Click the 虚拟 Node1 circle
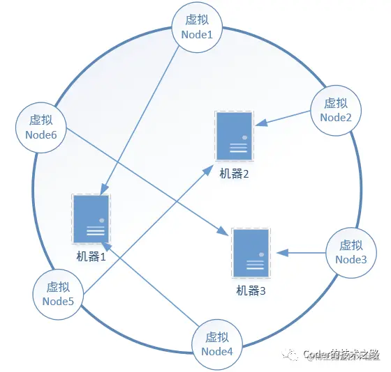point(196,26)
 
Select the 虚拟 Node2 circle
point(335,110)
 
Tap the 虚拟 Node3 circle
point(351,252)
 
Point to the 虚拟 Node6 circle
point(40,126)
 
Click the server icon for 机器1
point(91,219)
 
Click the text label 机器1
point(91,256)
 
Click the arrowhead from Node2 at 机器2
point(259,124)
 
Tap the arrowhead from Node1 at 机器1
point(103,189)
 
